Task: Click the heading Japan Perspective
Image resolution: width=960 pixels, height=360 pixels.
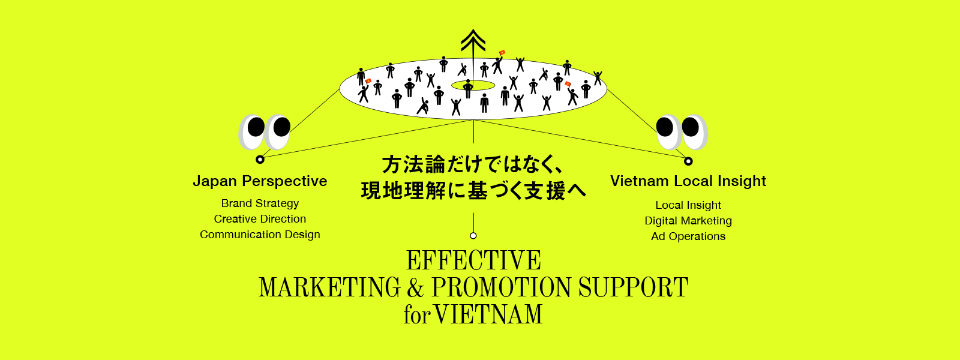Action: click(260, 181)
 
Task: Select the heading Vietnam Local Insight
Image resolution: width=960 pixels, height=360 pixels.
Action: click(688, 181)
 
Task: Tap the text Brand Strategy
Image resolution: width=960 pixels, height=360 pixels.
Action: click(260, 203)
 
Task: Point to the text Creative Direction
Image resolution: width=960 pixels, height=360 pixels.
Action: click(260, 219)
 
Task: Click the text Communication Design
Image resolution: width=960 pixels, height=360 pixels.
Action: click(260, 235)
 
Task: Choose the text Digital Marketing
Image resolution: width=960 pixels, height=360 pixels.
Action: click(688, 221)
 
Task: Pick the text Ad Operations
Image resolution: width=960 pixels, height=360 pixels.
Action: click(688, 236)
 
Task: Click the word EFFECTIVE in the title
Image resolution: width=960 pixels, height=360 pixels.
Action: click(473, 261)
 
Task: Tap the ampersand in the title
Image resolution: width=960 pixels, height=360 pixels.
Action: click(415, 288)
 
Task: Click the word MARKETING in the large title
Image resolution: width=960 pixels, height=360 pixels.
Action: click(329, 288)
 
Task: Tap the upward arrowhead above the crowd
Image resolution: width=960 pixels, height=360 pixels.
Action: click(473, 40)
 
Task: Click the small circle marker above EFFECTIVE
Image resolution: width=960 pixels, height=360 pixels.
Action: click(473, 236)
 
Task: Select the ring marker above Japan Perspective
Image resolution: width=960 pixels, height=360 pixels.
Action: click(260, 160)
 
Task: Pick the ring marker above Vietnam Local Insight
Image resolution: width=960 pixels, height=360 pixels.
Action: click(688, 161)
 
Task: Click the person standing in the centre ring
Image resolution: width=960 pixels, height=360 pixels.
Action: click(469, 88)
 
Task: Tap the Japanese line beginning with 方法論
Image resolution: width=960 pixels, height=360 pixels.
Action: click(473, 164)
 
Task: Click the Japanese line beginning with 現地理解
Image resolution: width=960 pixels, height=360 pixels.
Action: click(473, 191)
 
